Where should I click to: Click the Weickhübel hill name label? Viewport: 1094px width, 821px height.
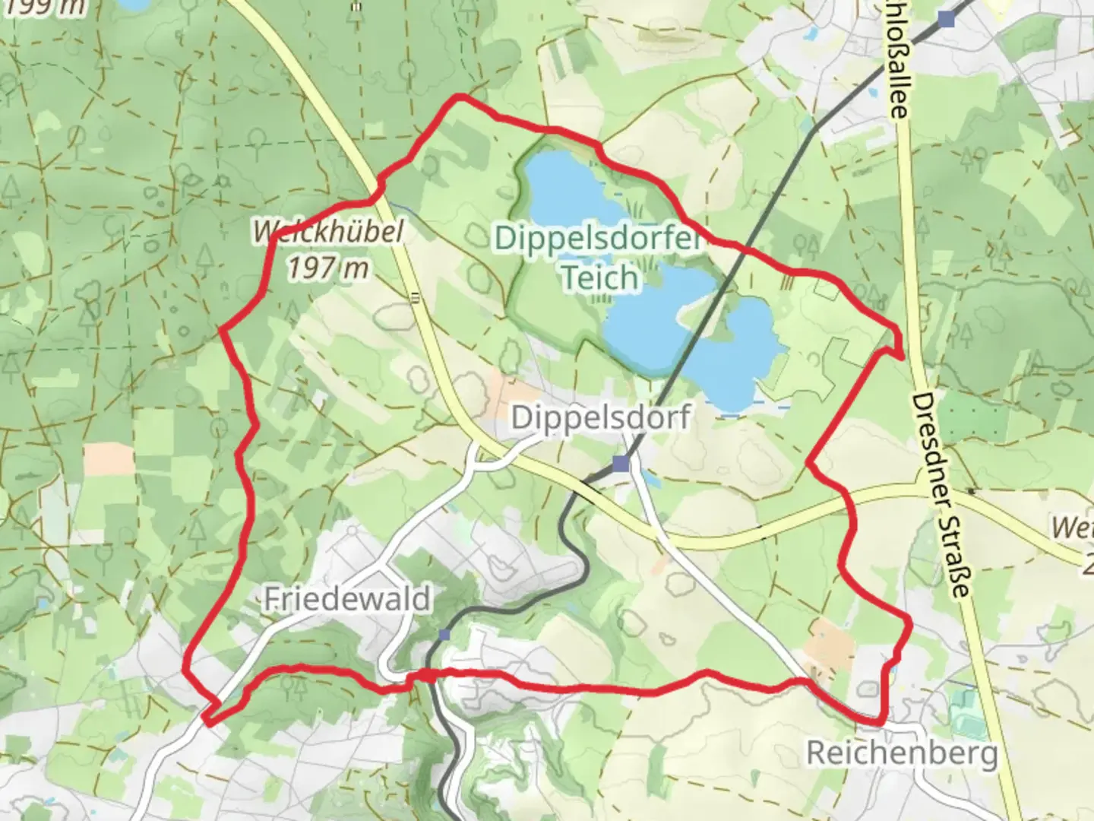(328, 232)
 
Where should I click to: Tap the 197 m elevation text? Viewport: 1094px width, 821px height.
(328, 268)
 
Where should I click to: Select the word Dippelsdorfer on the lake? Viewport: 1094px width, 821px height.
(596, 238)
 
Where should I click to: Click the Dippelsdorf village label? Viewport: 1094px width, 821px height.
(600, 417)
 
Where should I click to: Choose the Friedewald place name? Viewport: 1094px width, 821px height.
(346, 599)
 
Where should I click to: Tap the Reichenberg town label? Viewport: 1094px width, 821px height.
(901, 753)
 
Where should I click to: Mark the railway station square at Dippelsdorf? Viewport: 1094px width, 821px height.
(622, 463)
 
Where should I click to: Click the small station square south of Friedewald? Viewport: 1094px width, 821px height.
(444, 634)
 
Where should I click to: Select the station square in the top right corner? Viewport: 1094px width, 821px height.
(946, 19)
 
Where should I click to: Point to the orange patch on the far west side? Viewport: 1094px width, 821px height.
(108, 459)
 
